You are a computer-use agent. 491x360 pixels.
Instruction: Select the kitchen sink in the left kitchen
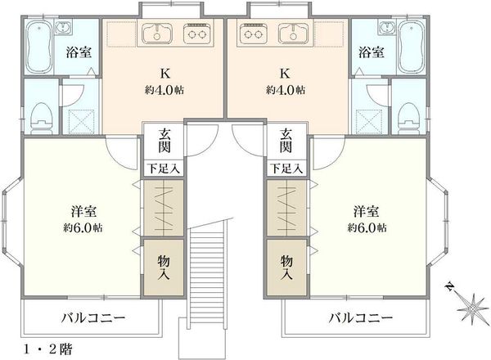(x=157, y=33)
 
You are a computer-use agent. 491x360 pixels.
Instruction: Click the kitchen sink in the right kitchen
(x=294, y=33)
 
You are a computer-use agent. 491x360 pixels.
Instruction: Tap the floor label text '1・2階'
(x=48, y=349)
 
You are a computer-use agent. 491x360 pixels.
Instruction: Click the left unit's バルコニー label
(x=93, y=318)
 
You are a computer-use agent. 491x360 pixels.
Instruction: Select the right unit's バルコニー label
(x=360, y=318)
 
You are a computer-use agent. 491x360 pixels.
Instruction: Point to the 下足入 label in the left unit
(x=164, y=169)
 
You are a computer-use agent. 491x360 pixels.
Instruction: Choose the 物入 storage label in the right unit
(x=286, y=267)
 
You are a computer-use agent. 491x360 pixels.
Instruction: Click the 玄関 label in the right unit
(x=286, y=142)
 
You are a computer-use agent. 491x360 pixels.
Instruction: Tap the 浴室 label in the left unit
(x=79, y=52)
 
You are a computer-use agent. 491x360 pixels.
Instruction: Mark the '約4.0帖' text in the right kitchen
(x=286, y=90)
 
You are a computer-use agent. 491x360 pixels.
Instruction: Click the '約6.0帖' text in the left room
(x=83, y=227)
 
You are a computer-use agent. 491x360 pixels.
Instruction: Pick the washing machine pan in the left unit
(x=81, y=121)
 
